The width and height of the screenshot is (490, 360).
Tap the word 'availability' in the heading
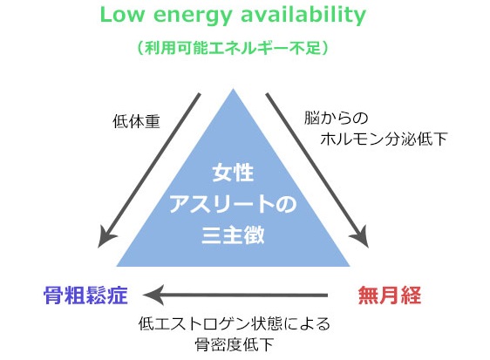(303, 16)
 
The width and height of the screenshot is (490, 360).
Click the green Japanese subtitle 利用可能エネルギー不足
(233, 48)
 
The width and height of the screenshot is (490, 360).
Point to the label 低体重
(136, 121)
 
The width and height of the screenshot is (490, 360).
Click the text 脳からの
(336, 119)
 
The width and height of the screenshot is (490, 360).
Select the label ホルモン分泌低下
(384, 139)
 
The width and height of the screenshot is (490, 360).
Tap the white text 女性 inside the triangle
(233, 173)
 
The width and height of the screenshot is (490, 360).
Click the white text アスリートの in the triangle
(233, 204)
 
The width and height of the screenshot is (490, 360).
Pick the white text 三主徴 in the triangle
(233, 234)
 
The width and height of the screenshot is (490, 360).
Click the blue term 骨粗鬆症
(85, 295)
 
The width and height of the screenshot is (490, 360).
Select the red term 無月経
(390, 295)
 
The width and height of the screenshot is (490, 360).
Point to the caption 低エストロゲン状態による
(234, 323)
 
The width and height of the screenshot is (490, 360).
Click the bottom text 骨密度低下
(234, 344)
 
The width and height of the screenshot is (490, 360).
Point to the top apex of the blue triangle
(233, 89)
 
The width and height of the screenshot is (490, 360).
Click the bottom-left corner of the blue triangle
(117, 266)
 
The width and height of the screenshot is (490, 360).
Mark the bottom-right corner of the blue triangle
(350, 266)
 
